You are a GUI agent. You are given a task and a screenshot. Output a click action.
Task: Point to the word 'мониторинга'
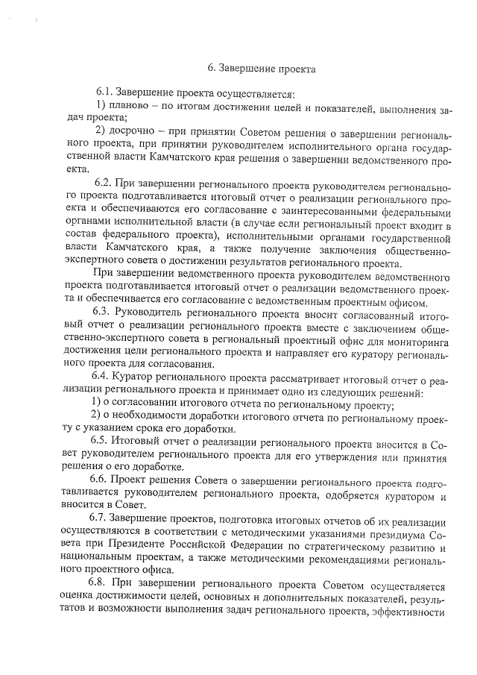pyautogui.click(x=418, y=341)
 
